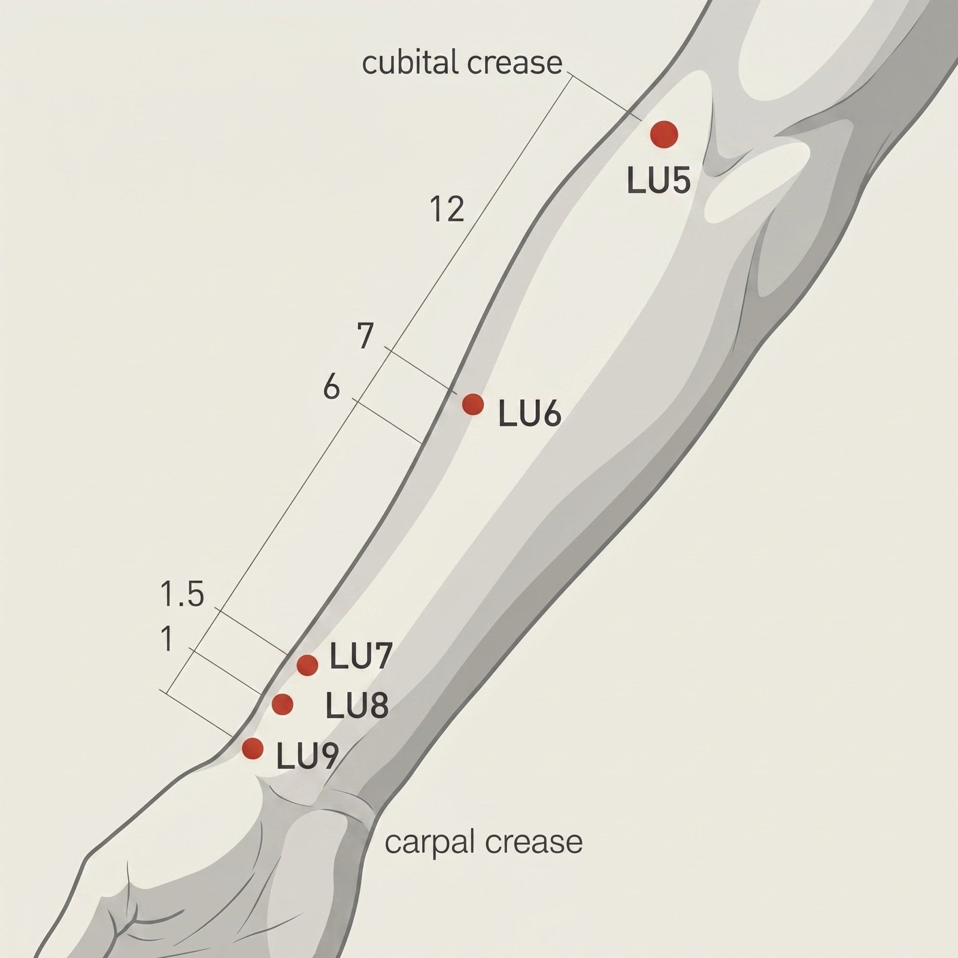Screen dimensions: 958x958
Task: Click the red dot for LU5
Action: coord(664,134)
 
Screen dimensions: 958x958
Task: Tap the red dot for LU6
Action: coord(473,404)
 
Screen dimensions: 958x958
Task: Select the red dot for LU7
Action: coord(307,665)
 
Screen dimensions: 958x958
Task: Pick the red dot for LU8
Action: coord(283,704)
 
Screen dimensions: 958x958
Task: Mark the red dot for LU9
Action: coord(253,748)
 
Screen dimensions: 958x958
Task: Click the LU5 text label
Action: coord(659,180)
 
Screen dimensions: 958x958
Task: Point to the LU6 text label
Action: coord(530,414)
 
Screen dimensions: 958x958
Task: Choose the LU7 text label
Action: coord(361,657)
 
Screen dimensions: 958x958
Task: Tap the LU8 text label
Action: coord(357,706)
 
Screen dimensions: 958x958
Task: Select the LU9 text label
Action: coord(308,757)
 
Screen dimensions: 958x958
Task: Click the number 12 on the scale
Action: coord(447,210)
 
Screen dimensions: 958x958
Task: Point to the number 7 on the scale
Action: coord(366,336)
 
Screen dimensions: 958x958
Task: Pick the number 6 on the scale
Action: coord(332,388)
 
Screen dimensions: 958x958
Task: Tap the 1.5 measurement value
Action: coord(183,595)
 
